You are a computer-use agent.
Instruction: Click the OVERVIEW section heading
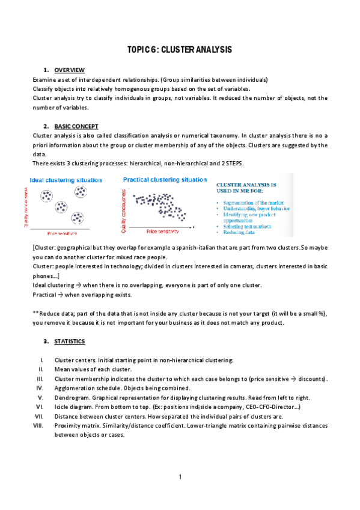tap(69, 70)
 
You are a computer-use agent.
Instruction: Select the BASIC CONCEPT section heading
tap(76, 126)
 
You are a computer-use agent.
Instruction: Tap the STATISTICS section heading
tap(69, 342)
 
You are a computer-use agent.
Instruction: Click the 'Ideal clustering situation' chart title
tap(66, 180)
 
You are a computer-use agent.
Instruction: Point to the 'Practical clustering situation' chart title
tap(165, 179)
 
